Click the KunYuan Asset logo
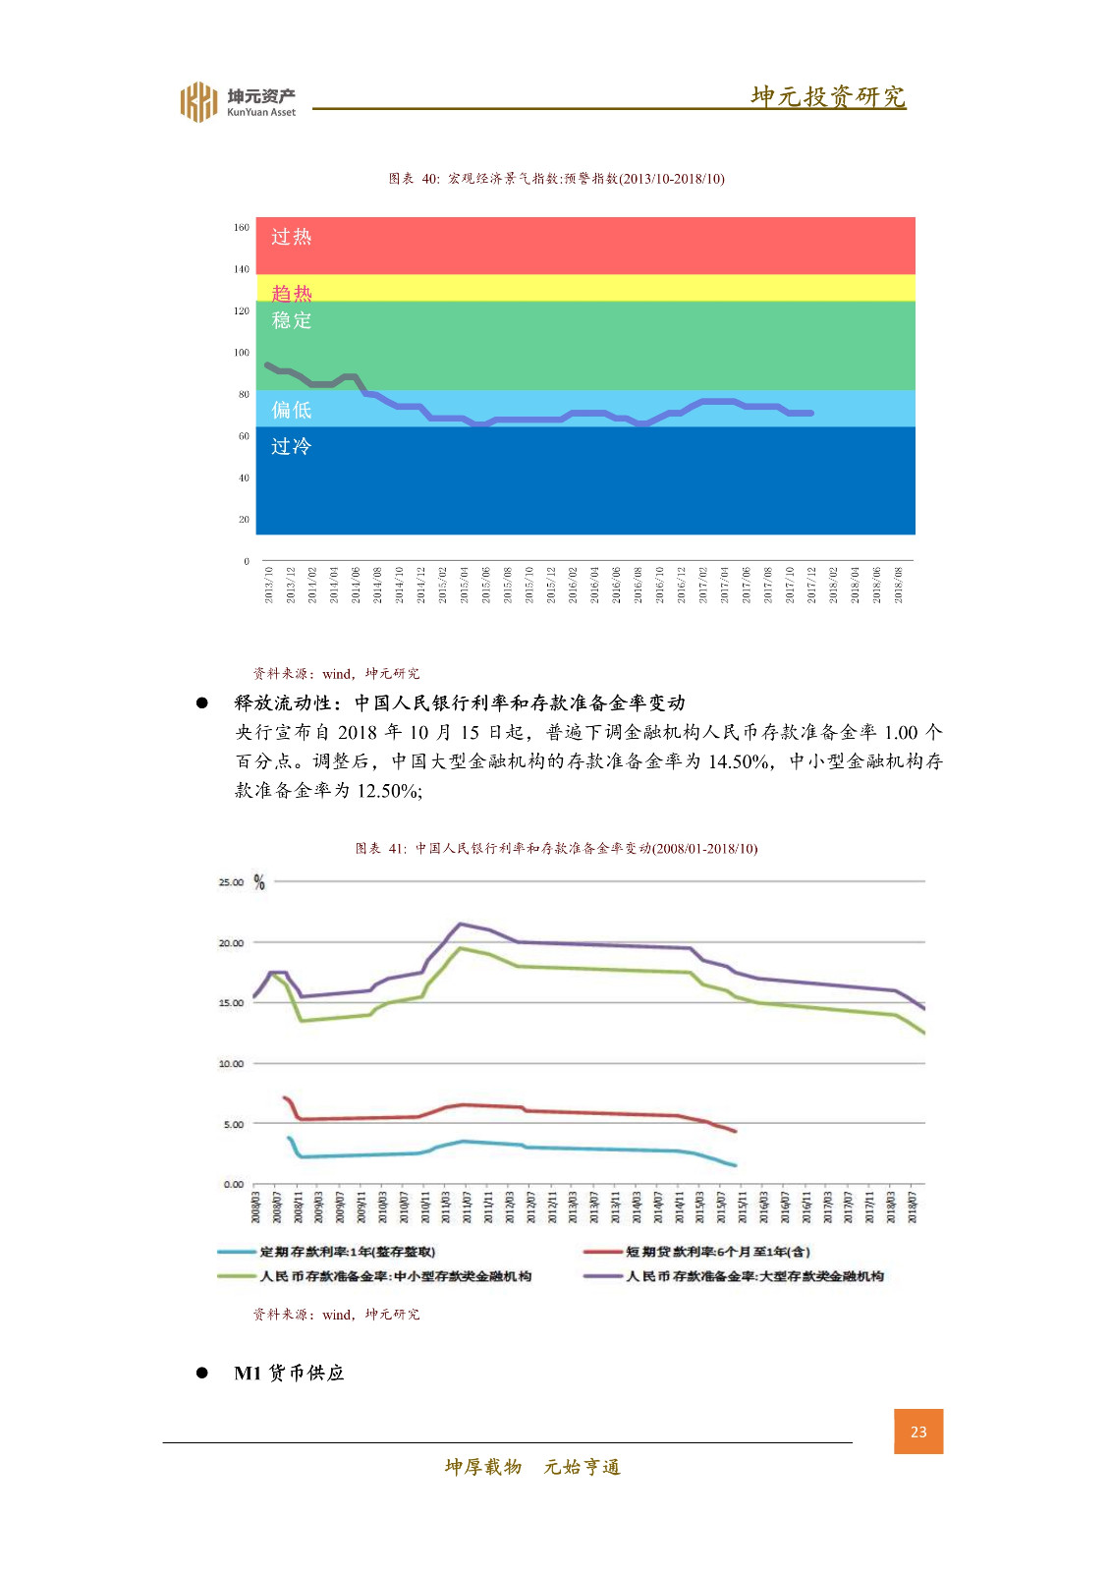tap(237, 101)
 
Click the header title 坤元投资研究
tap(828, 96)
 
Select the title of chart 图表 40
tap(556, 179)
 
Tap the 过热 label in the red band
tap(291, 237)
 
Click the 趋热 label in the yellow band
tap(291, 293)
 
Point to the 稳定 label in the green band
tap(291, 320)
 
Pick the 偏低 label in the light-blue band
tap(291, 410)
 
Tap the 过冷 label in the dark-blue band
tap(291, 446)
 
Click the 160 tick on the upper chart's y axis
tap(242, 227)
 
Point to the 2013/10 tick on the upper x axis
tap(268, 585)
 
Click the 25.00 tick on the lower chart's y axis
tap(231, 882)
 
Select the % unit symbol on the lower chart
tap(259, 882)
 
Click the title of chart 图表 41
tap(556, 848)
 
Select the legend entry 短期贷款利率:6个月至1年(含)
tap(717, 1252)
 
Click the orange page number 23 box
tap(918, 1432)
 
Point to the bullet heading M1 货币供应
tap(289, 1373)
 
